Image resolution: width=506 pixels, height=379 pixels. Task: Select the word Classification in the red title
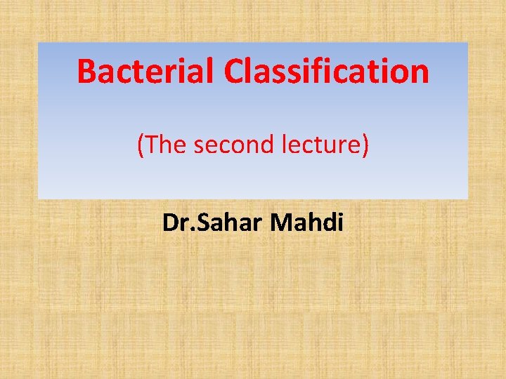[x=327, y=71]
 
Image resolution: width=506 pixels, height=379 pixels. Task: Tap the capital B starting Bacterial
[x=87, y=72]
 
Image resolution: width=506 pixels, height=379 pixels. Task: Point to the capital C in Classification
[x=235, y=72]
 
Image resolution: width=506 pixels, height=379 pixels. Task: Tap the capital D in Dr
[x=169, y=223]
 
